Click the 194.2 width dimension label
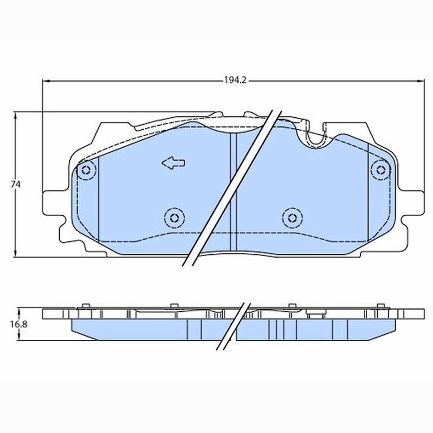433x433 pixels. coord(235,80)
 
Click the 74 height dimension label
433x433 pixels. coord(16,184)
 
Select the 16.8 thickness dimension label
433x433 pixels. coord(19,324)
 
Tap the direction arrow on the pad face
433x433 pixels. coord(174,163)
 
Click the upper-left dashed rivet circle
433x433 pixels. coord(86,170)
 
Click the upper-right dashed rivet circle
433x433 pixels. coord(381,170)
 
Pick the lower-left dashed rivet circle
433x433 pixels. coord(174,218)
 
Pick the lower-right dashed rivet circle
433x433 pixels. coord(293,218)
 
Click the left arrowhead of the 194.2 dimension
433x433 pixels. coord(46,81)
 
